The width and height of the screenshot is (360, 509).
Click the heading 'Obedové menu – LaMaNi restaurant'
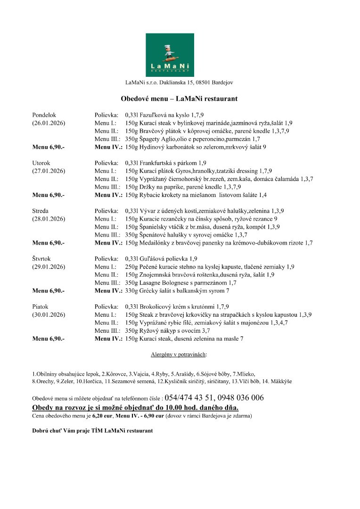tap(179, 99)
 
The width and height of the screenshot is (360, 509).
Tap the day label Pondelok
tap(44, 115)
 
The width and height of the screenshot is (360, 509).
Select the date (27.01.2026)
tap(49, 171)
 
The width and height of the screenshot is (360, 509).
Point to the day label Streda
tap(41, 211)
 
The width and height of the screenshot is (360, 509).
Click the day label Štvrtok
tap(42, 259)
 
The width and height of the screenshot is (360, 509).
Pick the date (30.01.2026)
tap(49, 314)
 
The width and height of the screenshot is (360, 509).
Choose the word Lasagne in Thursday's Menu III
tap(152, 283)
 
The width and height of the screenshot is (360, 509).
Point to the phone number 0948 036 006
tap(241, 397)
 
